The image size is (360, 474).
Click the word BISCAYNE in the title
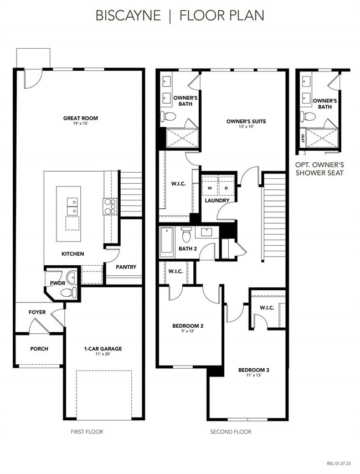[128, 15]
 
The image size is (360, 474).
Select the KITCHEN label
[73, 254]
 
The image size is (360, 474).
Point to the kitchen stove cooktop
[109, 206]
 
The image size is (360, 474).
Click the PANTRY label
[126, 267]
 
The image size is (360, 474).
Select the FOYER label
[37, 312]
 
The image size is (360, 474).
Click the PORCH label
[39, 349]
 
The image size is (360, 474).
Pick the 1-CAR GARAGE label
[102, 348]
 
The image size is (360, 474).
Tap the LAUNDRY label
[217, 200]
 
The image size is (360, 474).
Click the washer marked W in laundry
[209, 188]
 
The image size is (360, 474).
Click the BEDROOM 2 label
[188, 326]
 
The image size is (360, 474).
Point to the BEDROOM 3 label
[254, 369]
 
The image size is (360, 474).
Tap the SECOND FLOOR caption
[230, 432]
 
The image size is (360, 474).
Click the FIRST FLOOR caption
[87, 432]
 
